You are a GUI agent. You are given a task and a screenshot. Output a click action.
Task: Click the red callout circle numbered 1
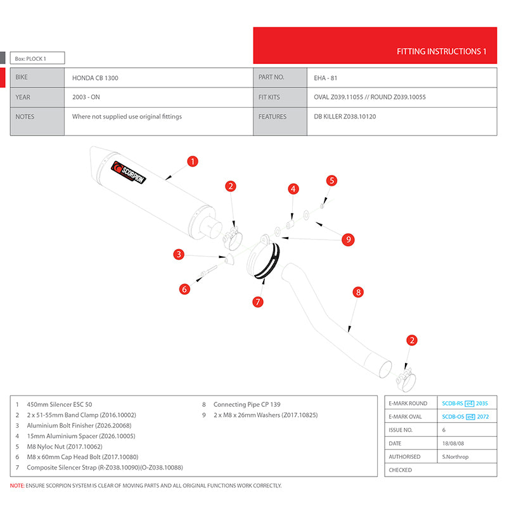coord(193,162)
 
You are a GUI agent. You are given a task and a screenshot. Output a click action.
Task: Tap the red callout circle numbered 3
coord(179,255)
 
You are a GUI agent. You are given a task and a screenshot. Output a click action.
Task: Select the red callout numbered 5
coord(331,181)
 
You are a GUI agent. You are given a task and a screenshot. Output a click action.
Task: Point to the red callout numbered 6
coord(184,290)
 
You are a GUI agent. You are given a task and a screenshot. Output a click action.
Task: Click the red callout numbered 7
coord(258,302)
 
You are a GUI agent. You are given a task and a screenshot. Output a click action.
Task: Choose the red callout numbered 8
coord(358,292)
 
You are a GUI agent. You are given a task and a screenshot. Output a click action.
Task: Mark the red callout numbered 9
coord(348,240)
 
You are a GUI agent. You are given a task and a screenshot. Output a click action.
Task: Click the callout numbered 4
coord(293,189)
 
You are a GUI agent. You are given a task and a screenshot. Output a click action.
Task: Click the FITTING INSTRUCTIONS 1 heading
coord(441,51)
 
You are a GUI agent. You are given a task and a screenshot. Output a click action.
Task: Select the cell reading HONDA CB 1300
coord(95,78)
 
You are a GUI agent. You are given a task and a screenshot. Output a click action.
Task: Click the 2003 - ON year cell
coord(87,98)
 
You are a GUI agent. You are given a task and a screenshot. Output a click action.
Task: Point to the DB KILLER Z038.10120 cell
coord(345,117)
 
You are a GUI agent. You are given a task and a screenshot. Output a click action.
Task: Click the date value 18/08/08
coord(454,443)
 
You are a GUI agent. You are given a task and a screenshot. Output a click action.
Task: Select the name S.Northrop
coord(456,456)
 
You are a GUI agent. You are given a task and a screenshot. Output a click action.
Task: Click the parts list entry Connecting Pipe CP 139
coord(247,404)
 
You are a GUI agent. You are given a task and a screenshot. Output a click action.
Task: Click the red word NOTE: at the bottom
coord(17,485)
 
